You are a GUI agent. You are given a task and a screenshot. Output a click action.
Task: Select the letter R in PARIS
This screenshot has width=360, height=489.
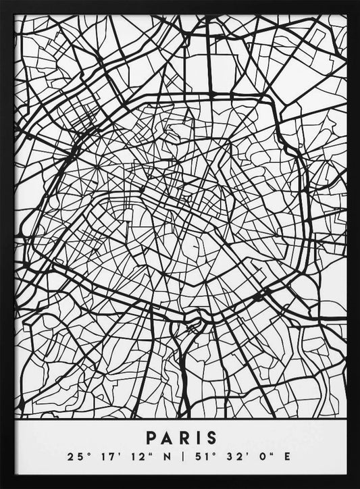point(182,438)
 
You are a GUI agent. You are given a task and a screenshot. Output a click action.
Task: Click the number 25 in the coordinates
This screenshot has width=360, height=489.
point(74,458)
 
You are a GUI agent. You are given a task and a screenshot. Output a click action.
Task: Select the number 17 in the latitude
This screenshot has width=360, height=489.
point(103,458)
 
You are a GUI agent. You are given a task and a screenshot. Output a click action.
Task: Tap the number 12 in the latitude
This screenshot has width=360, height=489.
point(132,458)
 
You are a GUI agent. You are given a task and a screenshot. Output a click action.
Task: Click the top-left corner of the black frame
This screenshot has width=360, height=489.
point(2,2)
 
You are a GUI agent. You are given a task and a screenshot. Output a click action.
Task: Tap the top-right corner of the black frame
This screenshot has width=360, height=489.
point(357,2)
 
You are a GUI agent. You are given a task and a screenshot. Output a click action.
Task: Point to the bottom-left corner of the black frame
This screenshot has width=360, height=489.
point(2,486)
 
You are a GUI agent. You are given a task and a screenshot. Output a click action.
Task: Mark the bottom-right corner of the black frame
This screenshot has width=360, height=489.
point(357,486)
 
